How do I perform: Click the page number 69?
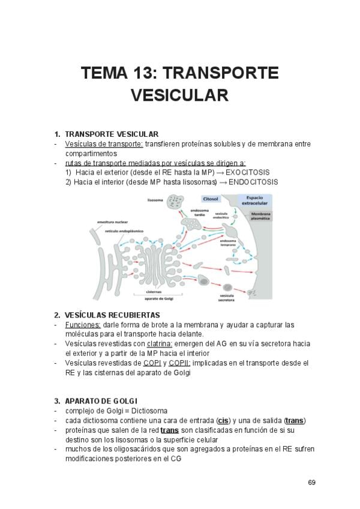pos(311,483)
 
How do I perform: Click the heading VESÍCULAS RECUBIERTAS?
pos(112,315)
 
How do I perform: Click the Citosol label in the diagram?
pos(211,198)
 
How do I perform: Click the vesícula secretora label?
pos(226,297)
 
